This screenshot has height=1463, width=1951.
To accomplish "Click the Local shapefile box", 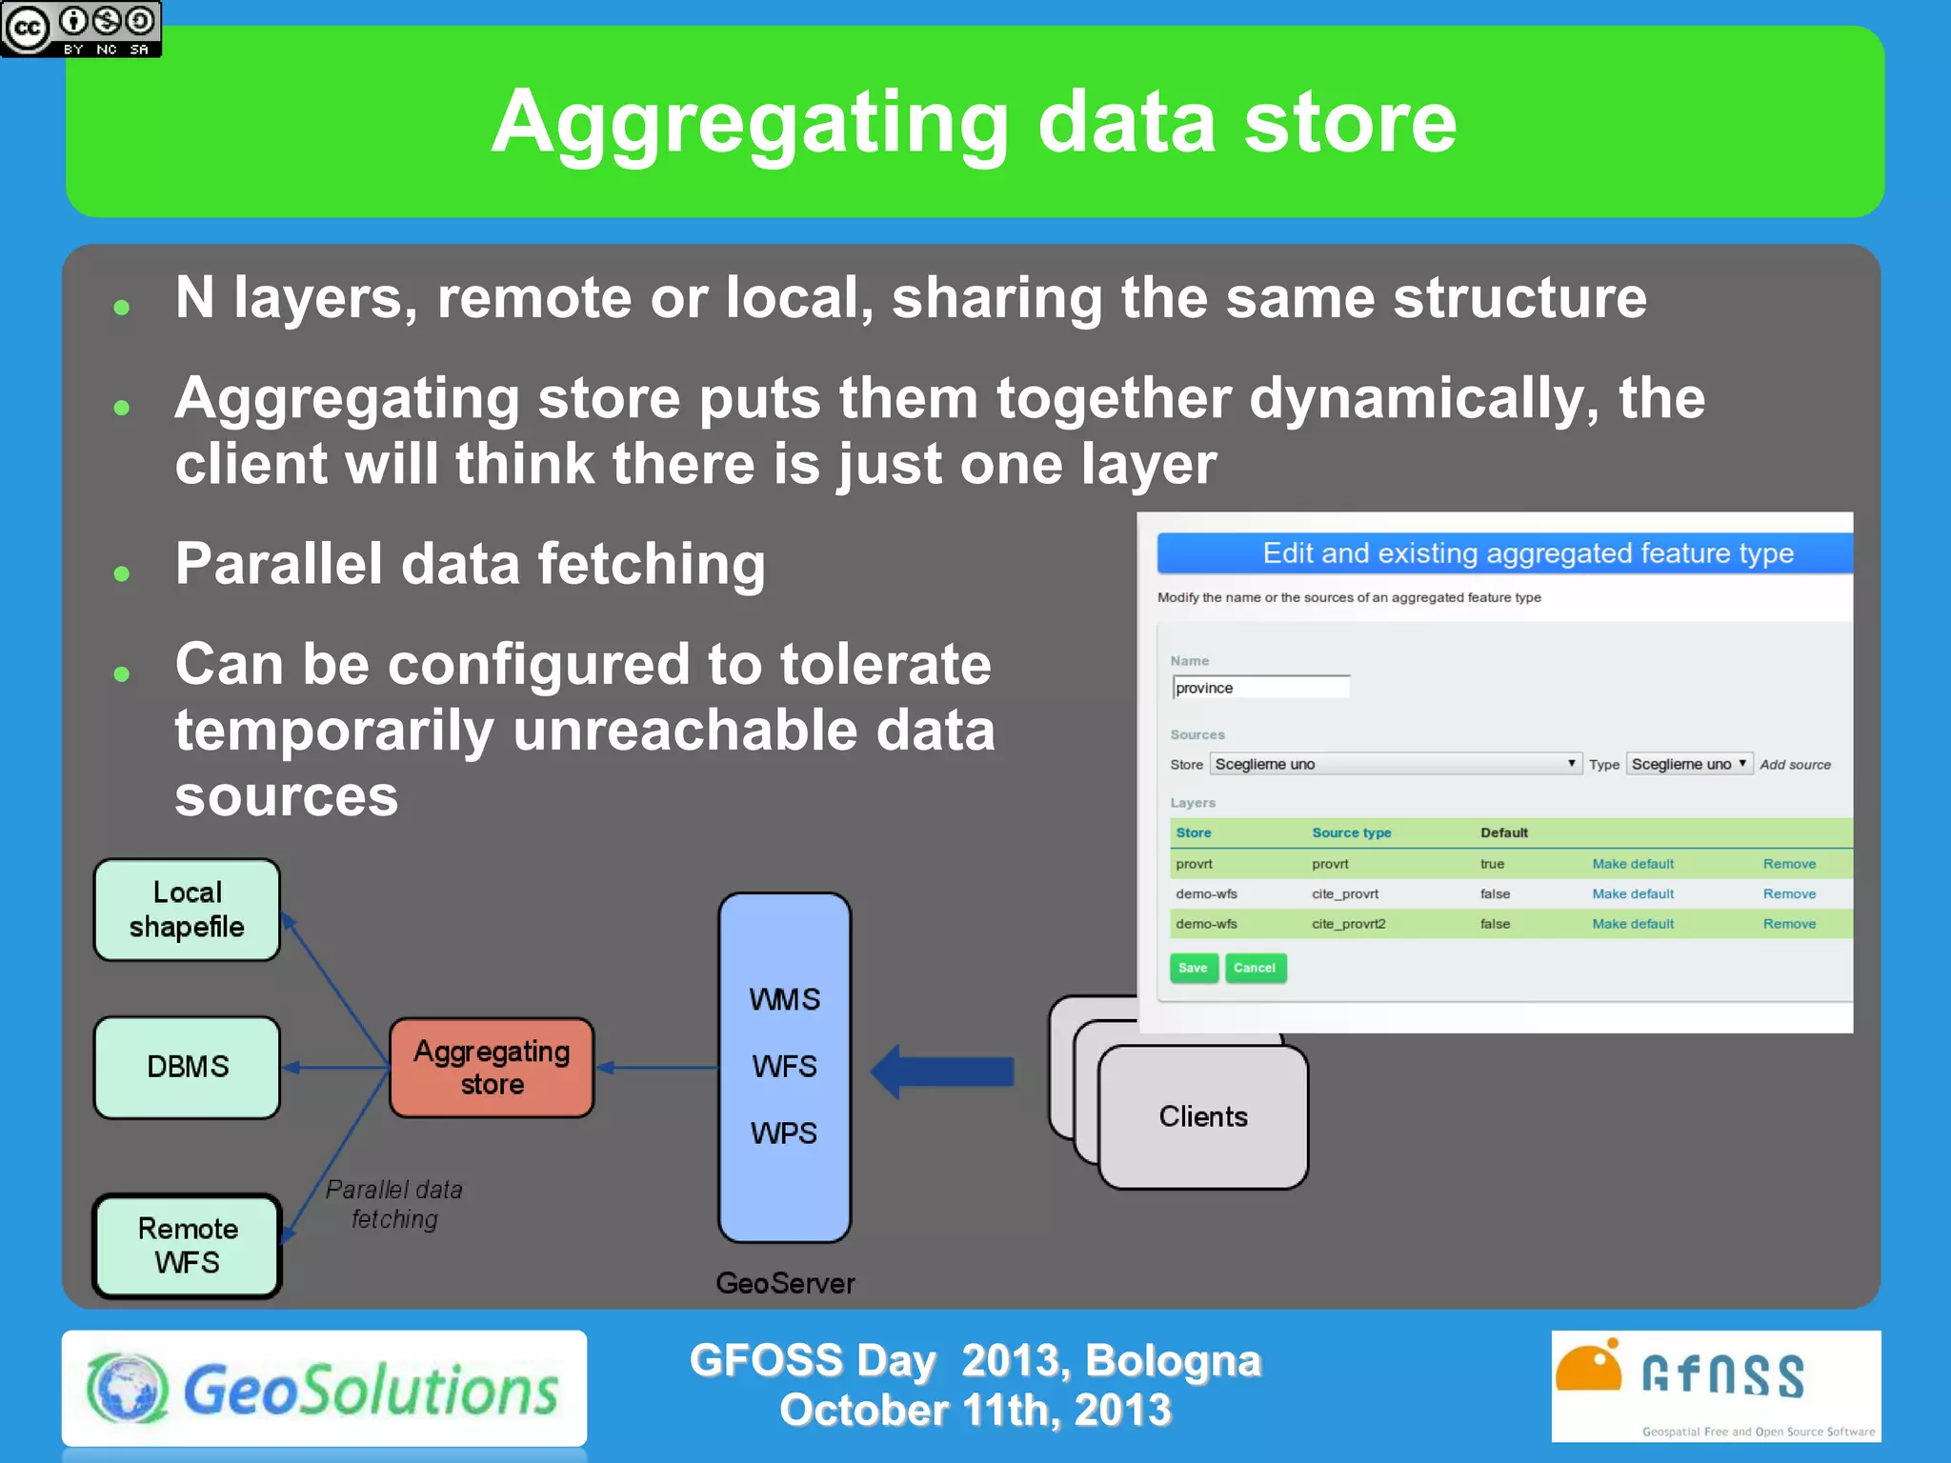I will pos(187,910).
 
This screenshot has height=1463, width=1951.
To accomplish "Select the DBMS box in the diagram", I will pos(187,1067).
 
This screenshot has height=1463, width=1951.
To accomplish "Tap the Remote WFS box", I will pos(187,1245).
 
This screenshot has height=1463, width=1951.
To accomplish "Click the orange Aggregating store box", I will pos(492,1068).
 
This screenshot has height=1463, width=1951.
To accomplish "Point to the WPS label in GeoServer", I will pos(783,1133).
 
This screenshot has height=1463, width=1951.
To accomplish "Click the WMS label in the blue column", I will pos(783,999).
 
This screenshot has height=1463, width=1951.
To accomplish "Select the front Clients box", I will pos(1202,1116).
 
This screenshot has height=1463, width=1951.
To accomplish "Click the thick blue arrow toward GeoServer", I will pos(942,1072).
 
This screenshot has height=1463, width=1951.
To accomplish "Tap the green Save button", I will pos(1193,968).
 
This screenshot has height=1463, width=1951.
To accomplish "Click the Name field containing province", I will pos(1260,688).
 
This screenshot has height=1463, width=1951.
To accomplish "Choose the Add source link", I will pos(1795,765).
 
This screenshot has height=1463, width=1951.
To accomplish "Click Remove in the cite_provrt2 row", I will pos(1788,924).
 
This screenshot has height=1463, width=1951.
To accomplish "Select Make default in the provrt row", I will pos(1632,864).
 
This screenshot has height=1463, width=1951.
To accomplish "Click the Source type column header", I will pos(1351,832).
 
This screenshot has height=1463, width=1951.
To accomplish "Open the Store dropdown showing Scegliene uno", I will pos(1395,764).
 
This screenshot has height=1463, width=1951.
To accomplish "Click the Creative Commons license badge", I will pos(81,29).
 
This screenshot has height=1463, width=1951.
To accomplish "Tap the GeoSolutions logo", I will pos(324,1389).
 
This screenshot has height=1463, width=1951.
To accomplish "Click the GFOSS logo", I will pos(1715,1385).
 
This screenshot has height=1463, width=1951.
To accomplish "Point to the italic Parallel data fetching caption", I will pos(394,1204).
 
